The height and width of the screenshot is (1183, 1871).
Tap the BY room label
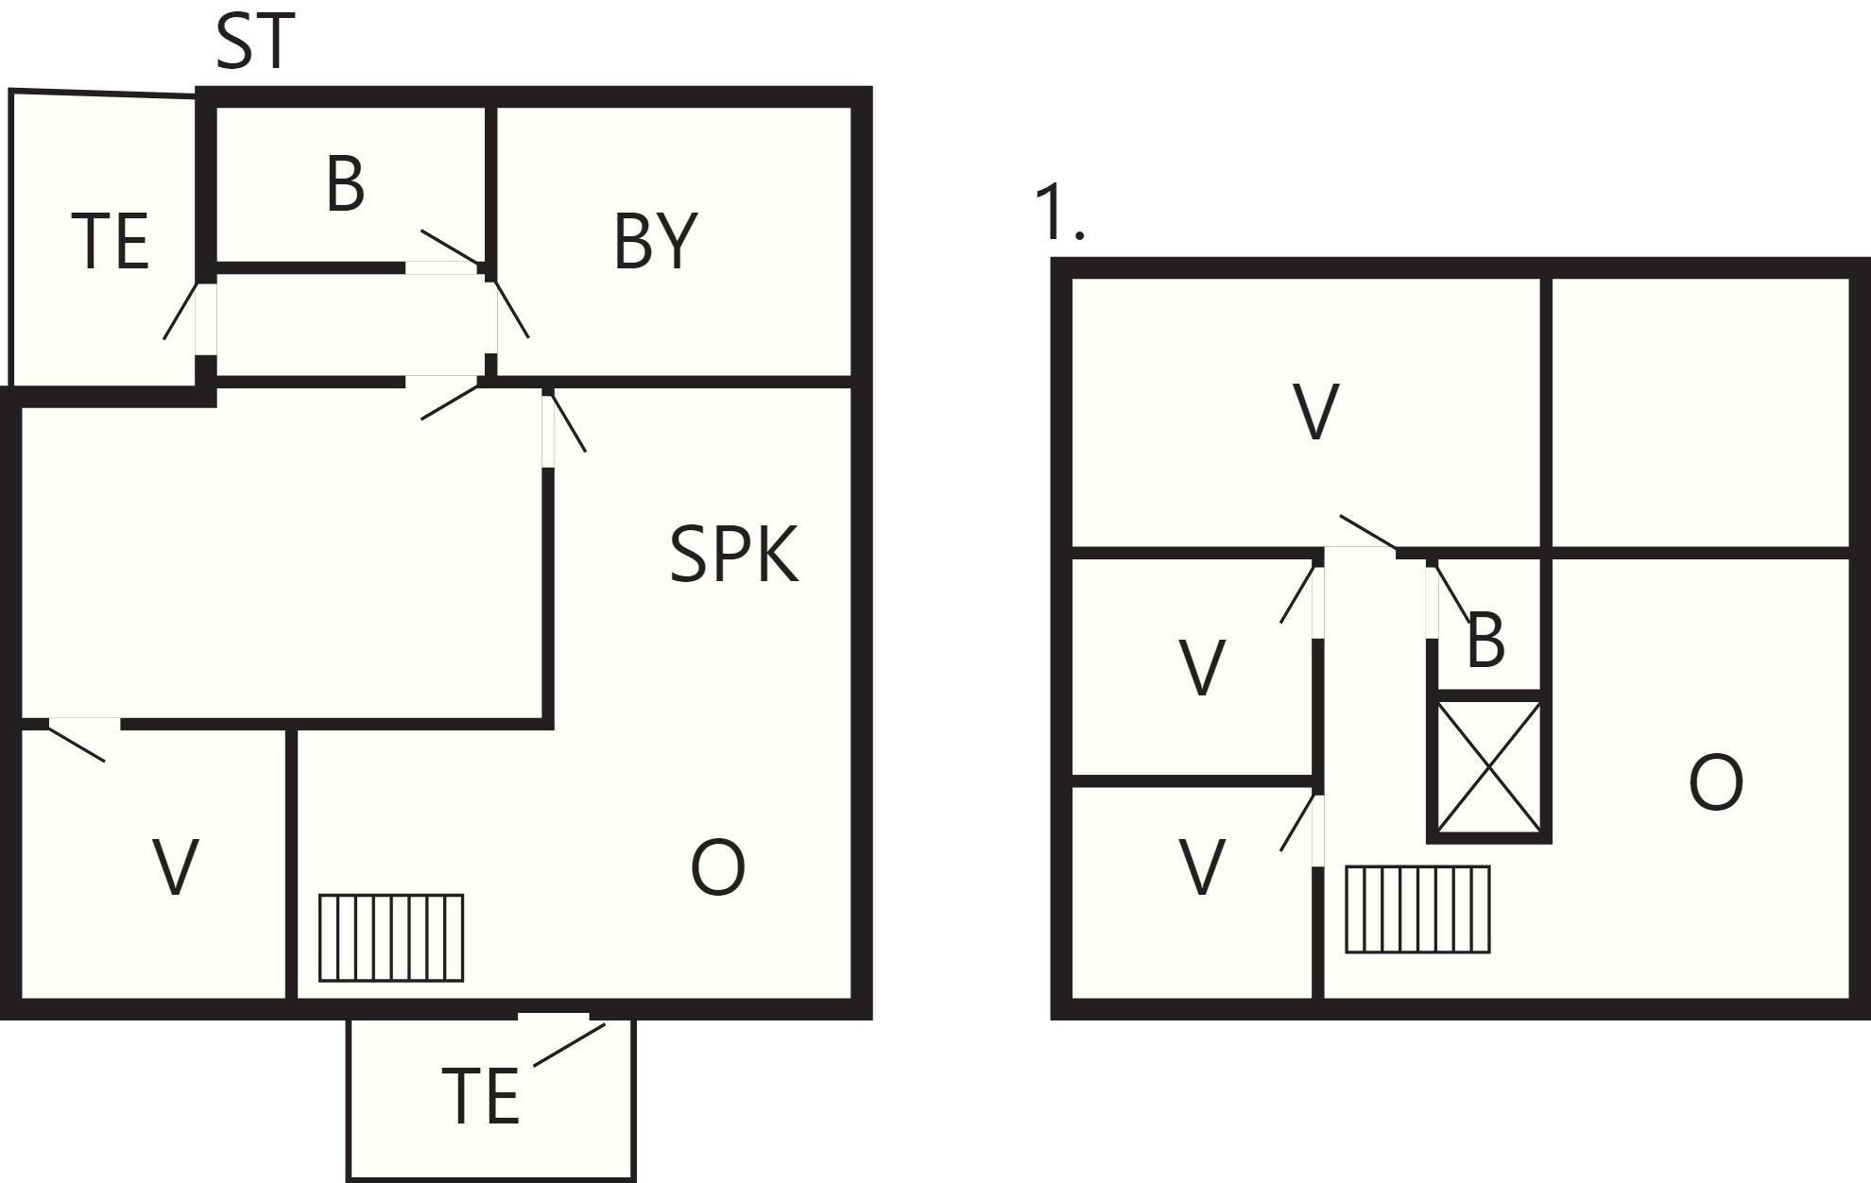tap(655, 242)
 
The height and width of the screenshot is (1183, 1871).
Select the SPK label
tap(734, 555)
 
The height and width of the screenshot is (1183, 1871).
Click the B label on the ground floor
tap(345, 184)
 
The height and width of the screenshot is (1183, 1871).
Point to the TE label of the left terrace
tap(110, 242)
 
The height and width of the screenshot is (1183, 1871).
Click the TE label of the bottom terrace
tap(480, 1096)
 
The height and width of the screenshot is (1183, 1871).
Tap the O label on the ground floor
tap(718, 867)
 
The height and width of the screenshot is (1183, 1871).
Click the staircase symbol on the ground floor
tap(391, 937)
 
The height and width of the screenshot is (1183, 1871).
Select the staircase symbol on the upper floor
tap(1417, 909)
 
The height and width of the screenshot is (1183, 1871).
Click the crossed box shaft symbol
tap(1488, 766)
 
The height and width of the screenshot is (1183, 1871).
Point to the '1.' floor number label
tap(1059, 213)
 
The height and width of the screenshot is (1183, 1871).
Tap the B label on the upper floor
tap(1485, 641)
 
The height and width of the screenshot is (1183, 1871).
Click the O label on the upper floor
tap(1716, 782)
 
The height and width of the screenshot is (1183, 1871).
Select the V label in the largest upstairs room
tap(1315, 411)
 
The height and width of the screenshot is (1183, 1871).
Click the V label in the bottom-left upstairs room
tap(1202, 867)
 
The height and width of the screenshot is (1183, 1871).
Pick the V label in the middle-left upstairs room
tap(1202, 668)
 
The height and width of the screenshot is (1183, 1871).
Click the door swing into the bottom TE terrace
tap(569, 1044)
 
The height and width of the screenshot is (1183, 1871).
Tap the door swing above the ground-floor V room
tap(77, 741)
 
